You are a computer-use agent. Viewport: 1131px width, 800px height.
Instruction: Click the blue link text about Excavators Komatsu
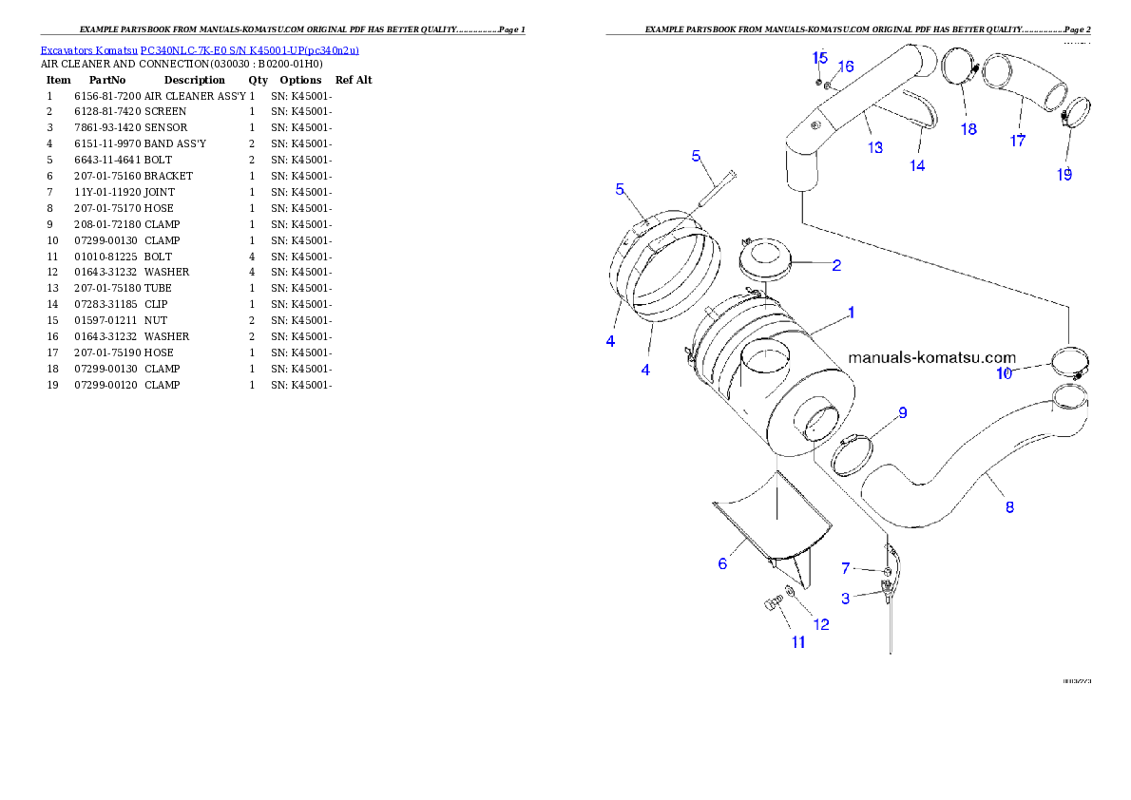coord(200,50)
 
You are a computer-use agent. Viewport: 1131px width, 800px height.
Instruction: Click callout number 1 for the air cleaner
coord(852,312)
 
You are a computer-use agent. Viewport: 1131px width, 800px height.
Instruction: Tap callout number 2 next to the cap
coord(836,265)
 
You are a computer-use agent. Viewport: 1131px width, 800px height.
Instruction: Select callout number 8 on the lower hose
coord(1009,507)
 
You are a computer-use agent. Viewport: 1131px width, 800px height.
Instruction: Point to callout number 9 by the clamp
coord(902,412)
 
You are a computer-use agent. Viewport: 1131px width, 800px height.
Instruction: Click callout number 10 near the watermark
coord(1004,373)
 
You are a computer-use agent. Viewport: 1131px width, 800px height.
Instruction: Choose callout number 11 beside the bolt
coord(798,642)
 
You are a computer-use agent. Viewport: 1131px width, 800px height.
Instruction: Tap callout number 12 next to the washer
coord(819,624)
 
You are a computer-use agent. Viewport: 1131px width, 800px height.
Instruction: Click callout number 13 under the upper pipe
coord(875,147)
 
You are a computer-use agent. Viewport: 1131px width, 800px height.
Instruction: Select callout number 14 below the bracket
coord(917,165)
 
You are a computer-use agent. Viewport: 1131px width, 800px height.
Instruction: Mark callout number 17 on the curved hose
coord(1018,140)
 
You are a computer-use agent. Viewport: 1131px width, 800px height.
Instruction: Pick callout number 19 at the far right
coord(1064,174)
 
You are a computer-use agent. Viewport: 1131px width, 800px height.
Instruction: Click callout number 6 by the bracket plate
coord(722,563)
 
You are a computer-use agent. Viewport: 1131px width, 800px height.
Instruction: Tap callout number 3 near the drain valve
coord(845,599)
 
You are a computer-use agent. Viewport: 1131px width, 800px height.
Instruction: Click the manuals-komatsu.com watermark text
coord(930,357)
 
